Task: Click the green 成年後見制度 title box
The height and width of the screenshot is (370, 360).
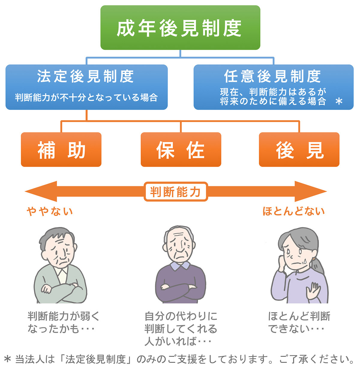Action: pyautogui.click(x=180, y=28)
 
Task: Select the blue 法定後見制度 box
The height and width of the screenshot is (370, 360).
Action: pyautogui.click(x=86, y=87)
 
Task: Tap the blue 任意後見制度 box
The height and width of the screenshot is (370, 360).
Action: pyautogui.click(x=273, y=87)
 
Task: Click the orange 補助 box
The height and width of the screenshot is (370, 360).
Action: pyautogui.click(x=61, y=149)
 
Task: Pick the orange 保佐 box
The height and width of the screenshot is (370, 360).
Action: pyautogui.click(x=181, y=149)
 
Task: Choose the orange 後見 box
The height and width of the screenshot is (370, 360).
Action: pyautogui.click(x=299, y=149)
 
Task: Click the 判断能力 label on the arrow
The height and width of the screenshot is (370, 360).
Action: pyautogui.click(x=176, y=192)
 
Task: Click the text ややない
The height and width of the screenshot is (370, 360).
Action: pyautogui.click(x=50, y=211)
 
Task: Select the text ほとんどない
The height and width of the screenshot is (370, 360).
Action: pyautogui.click(x=293, y=211)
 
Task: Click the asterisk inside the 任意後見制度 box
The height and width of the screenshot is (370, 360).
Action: pyautogui.click(x=339, y=101)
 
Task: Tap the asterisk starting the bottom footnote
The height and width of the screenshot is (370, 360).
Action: pyautogui.click(x=7, y=359)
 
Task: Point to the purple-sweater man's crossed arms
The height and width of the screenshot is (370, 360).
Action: pyautogui.click(x=180, y=288)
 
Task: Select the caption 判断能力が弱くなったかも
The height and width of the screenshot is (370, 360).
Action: pyautogui.click(x=63, y=322)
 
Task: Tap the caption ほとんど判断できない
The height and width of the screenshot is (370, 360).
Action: pyautogui.click(x=299, y=322)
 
